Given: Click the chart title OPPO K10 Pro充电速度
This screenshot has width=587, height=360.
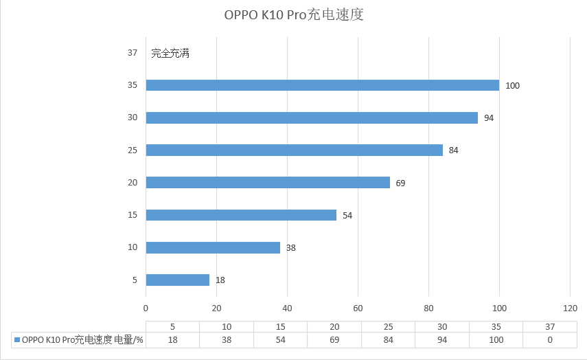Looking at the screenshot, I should coord(293,15).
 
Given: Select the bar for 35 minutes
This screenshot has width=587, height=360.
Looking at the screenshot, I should coord(322,85).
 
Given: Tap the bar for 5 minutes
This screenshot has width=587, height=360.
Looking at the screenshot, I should coord(177,280).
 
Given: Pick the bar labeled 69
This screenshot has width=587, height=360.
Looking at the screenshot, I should coord(268,183).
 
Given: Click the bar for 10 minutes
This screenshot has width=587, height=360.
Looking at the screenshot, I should coord(213,247).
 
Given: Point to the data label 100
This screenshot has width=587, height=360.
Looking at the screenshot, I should coord(512,86).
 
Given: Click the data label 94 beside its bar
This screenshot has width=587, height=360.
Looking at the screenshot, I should coord(489,118).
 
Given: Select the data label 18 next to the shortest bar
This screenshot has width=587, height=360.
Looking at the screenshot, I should coord(220,280).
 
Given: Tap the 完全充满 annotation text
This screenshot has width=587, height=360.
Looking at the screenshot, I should coord(170,54).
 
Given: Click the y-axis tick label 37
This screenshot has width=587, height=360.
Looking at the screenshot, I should coord(133,53).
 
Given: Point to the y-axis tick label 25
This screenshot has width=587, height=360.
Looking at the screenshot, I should coord(133,150).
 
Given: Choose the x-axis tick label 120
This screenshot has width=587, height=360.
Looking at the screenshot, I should coord(570,308).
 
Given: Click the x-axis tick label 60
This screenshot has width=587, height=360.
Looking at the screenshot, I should coord(358,308).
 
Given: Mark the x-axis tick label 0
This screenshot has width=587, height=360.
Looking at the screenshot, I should coord(146,308).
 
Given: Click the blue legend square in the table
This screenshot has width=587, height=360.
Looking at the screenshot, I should coord(16,340).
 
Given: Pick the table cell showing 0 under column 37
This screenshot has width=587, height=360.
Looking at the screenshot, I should coord(550,340).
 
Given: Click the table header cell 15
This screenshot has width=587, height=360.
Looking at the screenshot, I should coord(280,327).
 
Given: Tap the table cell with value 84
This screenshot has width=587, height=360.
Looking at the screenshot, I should coord(388,340).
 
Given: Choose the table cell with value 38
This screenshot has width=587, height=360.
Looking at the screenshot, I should coord(227,340).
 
